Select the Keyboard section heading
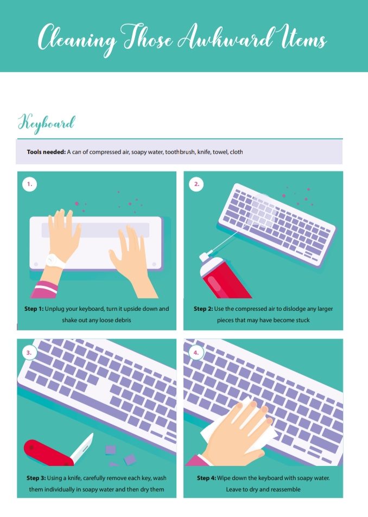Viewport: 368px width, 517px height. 47,124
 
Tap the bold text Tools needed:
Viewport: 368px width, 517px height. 46,152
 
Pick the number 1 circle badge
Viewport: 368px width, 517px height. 30,184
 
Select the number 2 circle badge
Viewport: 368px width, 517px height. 196,184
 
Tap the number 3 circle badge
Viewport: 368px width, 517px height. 29,353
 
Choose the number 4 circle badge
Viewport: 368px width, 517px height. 196,353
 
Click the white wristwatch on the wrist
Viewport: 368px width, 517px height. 55,261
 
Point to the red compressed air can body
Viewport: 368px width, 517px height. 225,280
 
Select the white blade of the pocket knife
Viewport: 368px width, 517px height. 83,448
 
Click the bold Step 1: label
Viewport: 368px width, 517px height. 34,309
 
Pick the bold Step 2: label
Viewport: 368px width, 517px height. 203,309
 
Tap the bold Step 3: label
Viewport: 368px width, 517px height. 36,478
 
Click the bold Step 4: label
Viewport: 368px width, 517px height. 206,478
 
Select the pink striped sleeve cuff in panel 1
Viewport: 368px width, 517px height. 45,289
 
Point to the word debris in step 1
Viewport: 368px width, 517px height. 122,320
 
